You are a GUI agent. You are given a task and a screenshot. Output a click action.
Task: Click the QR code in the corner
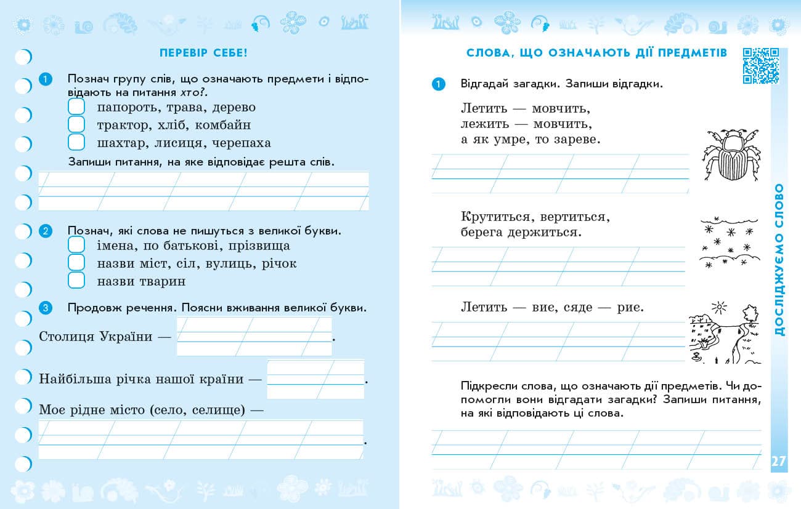click(761, 65)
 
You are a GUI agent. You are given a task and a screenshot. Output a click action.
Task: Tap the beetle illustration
click(731, 154)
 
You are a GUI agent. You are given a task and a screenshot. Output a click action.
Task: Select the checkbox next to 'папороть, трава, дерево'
click(76, 107)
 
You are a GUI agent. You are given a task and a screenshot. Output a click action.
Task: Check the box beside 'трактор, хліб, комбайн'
click(76, 125)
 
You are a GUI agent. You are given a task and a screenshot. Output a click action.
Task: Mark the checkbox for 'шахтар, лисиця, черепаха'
click(76, 142)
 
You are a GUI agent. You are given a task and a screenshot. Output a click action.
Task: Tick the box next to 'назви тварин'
click(76, 281)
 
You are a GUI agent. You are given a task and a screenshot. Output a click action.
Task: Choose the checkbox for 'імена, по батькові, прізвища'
click(76, 246)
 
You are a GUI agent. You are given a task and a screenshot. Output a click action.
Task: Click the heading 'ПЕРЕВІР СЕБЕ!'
click(203, 53)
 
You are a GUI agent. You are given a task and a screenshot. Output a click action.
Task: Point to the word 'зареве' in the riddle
click(574, 140)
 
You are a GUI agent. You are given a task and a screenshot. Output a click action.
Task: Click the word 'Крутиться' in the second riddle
click(495, 217)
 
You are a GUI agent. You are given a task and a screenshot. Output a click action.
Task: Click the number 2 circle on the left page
click(45, 231)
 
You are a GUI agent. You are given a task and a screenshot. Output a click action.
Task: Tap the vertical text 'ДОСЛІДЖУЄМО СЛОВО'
click(779, 259)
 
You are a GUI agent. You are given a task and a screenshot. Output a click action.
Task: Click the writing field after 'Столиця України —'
click(254, 336)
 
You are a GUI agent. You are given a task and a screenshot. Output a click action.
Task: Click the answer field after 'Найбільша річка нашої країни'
click(315, 379)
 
